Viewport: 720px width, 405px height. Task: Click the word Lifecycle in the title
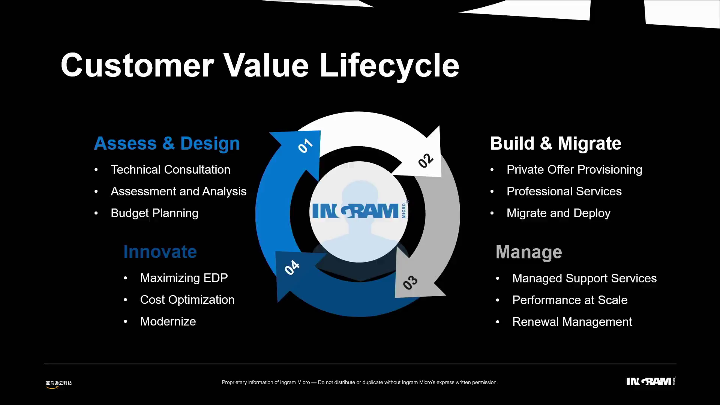[389, 66]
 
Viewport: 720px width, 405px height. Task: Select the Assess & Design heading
[166, 144]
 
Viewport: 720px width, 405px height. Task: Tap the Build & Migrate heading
[555, 144]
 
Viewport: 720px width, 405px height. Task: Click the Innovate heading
[160, 252]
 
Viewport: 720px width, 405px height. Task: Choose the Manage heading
[529, 252]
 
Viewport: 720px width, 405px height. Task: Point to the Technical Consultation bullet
[170, 169]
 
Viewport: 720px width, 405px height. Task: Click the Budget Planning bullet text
[154, 213]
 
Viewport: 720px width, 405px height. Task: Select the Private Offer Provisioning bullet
[574, 169]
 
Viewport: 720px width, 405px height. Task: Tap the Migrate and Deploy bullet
[558, 213]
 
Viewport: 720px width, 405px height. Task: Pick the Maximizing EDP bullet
[184, 278]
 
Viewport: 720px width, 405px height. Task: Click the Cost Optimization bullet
[187, 300]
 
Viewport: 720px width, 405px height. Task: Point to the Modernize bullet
[168, 321]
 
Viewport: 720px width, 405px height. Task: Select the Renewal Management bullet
[572, 322]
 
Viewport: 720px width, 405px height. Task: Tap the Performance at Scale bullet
[570, 300]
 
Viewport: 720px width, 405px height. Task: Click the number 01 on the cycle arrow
[305, 146]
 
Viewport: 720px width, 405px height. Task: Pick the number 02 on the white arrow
[426, 160]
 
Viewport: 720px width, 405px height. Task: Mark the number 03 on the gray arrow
[410, 282]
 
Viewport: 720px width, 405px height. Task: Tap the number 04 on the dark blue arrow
[292, 267]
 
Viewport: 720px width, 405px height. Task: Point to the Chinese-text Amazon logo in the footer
[58, 384]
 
